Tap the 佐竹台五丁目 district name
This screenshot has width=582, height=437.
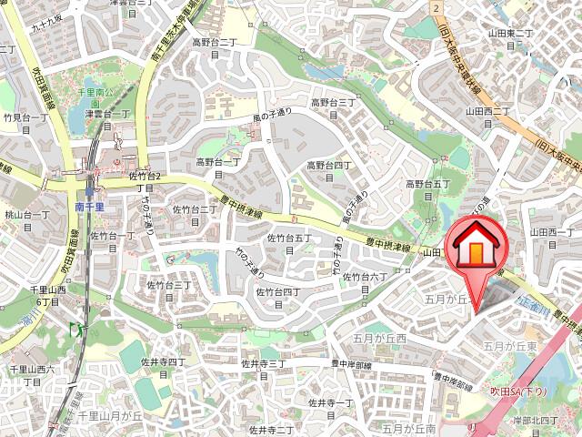click(289, 243)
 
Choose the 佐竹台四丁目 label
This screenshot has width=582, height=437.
click(277, 297)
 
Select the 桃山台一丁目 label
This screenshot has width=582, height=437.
click(27, 220)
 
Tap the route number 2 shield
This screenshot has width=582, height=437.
click(437, 8)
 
